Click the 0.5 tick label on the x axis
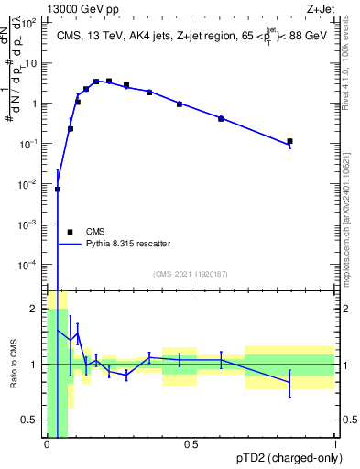191,443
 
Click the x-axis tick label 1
334,443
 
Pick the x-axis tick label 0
47,443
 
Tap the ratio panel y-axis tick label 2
37,309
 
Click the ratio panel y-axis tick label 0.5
32,420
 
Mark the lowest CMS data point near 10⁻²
58,190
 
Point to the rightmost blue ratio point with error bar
289,383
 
